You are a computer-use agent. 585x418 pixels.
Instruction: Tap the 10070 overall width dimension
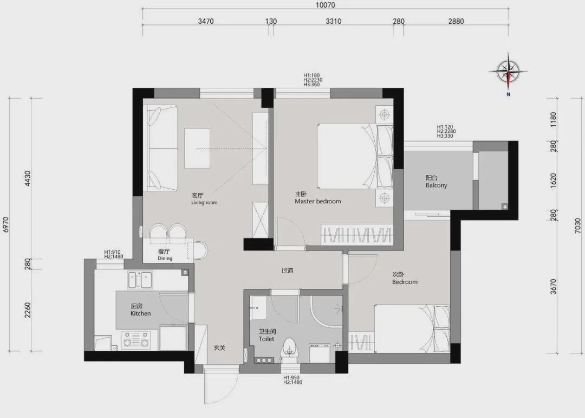[x=326, y=5]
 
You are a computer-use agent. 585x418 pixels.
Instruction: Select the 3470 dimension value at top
[x=206, y=21]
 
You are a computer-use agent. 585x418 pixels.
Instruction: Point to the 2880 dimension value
[x=456, y=21]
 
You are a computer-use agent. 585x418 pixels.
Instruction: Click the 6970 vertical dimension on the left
[x=5, y=224]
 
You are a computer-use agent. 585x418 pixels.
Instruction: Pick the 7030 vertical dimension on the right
[x=578, y=226]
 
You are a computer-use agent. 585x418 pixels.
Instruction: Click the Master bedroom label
[x=318, y=201]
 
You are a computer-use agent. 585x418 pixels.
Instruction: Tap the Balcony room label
[x=436, y=185]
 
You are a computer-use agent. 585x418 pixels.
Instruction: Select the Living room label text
[x=204, y=202]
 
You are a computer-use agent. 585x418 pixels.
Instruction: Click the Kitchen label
[x=141, y=313]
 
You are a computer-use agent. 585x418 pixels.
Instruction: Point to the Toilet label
[x=266, y=339]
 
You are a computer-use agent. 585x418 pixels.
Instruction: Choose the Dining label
[x=165, y=258]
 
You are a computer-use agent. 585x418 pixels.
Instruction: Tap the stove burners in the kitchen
[x=136, y=339]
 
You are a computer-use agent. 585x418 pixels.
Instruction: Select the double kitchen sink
[x=140, y=280]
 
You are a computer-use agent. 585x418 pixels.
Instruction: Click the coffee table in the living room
[x=197, y=148]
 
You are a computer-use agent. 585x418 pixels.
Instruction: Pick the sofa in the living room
[x=162, y=148]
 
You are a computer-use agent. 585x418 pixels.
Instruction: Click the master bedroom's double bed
[x=355, y=156]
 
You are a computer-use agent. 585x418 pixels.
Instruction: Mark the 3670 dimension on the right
[x=553, y=286]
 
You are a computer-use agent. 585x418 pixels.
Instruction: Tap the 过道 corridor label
[x=287, y=271]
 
